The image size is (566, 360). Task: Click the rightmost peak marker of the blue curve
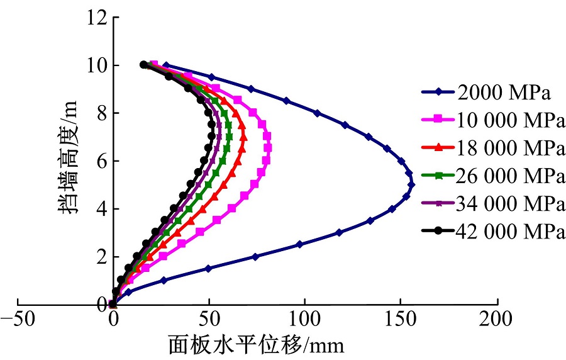pyautogui.click(x=412, y=184)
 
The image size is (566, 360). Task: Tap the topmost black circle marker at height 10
pyautogui.click(x=143, y=64)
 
